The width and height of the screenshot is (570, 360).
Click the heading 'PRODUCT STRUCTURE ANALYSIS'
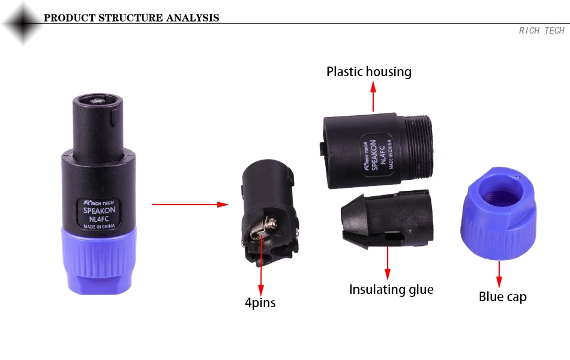point(131,17)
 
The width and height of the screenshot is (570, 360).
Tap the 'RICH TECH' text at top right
point(541,31)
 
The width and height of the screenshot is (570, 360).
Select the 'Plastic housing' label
point(369,72)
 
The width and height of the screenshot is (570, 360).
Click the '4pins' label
point(260,302)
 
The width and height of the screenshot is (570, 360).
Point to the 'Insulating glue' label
point(391,290)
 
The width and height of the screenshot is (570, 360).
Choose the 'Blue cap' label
point(503,296)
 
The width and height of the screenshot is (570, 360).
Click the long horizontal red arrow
point(190,205)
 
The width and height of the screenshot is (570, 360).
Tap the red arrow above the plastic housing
point(373,96)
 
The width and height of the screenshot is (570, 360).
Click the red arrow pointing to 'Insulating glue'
point(388,260)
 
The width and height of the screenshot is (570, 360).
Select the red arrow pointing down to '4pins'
point(260,264)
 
